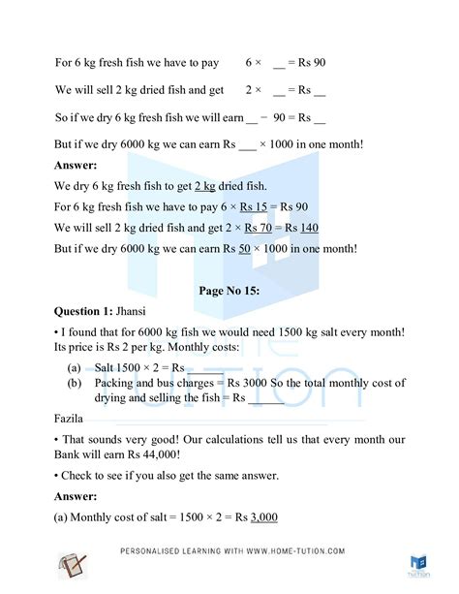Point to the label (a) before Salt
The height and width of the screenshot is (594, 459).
click(x=75, y=369)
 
